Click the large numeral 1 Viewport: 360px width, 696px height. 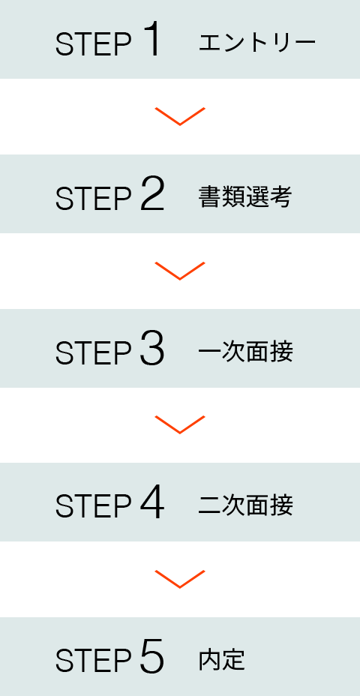point(151,40)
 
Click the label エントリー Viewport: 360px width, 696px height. point(257,43)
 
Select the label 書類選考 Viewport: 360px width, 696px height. point(245,197)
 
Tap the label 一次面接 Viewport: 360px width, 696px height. point(245,352)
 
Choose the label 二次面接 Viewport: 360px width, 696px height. point(245,506)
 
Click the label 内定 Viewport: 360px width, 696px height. point(221,661)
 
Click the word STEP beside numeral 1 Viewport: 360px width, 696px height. point(94,45)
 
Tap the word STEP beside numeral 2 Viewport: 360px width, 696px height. point(94,199)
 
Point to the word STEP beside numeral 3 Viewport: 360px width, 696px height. point(94,354)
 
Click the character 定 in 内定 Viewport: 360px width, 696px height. point(234,661)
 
